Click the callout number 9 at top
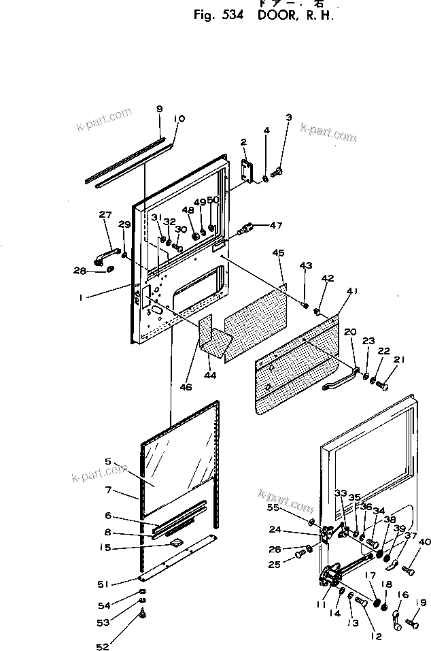(159, 109)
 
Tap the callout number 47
(276, 224)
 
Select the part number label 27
(105, 215)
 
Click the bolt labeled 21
(382, 386)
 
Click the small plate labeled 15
(177, 542)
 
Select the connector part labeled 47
(249, 228)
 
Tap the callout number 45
(278, 252)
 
